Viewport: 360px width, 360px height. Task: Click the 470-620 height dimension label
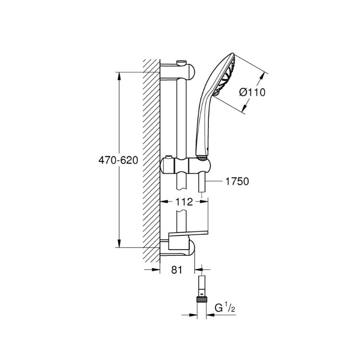point(118,160)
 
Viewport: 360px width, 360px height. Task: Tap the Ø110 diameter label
point(252,92)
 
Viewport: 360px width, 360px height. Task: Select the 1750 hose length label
point(237,181)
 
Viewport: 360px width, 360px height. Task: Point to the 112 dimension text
point(184,202)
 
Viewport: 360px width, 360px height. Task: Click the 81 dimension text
point(177,270)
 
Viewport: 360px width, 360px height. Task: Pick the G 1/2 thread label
point(225,308)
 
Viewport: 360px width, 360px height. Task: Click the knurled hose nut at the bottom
point(202,300)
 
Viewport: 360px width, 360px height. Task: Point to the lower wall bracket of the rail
point(177,248)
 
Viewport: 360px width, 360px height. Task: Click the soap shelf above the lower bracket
point(188,233)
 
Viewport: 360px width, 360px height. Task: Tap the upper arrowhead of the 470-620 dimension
point(119,77)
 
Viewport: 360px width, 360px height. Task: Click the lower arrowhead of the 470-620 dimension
point(119,243)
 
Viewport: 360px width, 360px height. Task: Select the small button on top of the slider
point(169,157)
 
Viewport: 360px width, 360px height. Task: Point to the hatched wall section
point(151,161)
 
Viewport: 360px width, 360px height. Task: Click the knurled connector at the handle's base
point(202,158)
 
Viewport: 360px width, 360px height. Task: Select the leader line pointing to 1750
point(214,181)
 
